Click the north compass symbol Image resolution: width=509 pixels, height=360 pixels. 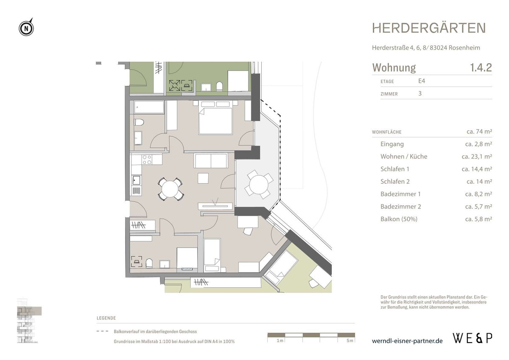click(x=26, y=28)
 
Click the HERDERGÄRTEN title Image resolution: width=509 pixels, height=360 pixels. click(x=429, y=28)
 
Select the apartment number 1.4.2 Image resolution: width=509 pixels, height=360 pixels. click(x=481, y=68)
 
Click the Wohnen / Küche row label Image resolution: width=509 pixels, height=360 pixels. click(x=404, y=157)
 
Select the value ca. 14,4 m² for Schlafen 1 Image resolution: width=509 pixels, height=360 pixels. click(x=477, y=169)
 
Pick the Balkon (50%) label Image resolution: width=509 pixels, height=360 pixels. click(x=399, y=219)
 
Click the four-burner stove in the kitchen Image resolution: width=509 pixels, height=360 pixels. click(x=146, y=160)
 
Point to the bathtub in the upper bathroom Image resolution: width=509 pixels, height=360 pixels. click(x=149, y=107)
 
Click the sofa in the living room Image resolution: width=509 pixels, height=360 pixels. click(x=210, y=161)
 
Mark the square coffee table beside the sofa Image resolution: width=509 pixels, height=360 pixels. click(x=203, y=178)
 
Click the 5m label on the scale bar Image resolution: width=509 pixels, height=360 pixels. click(x=349, y=341)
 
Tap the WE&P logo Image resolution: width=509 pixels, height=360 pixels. click(x=473, y=338)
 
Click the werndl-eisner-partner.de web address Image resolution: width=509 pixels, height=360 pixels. click(x=407, y=341)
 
